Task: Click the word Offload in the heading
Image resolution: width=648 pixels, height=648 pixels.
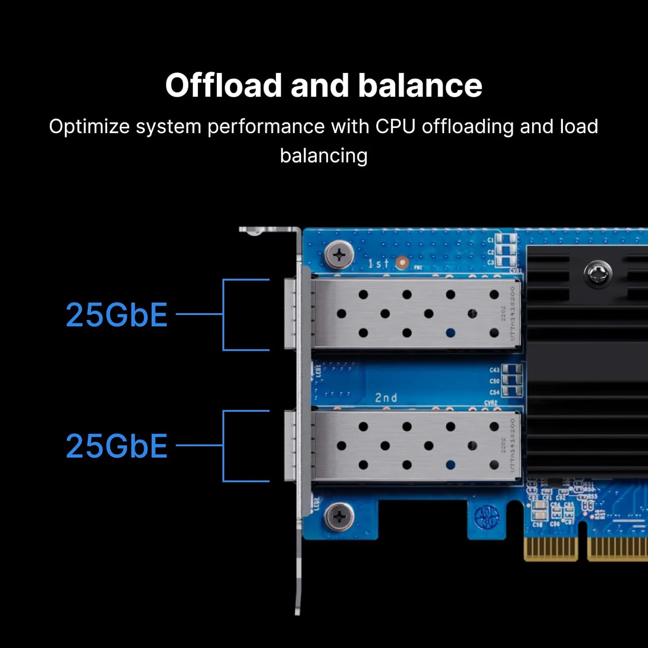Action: [x=223, y=85]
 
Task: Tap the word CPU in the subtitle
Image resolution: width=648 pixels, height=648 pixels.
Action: [x=395, y=127]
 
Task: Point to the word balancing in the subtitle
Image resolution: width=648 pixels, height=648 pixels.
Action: [x=324, y=156]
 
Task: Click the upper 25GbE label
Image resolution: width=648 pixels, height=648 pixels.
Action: [x=117, y=315]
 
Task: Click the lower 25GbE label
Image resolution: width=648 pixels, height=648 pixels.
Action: [x=117, y=446]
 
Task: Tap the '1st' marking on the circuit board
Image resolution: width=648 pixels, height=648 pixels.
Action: [x=378, y=263]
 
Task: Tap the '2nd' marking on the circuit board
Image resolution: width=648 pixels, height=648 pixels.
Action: [x=386, y=397]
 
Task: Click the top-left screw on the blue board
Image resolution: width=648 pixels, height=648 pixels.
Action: [x=339, y=255]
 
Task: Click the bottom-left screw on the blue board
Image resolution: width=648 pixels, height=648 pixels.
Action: [x=339, y=516]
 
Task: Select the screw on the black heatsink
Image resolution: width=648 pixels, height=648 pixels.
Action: [x=597, y=273]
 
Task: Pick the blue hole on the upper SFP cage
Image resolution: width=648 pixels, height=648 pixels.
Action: [x=451, y=333]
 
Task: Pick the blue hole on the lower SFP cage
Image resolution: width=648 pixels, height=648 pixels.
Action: [x=451, y=465]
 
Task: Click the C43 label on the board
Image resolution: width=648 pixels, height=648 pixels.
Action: [x=494, y=370]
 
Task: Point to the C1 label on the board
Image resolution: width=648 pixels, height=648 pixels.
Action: [x=490, y=240]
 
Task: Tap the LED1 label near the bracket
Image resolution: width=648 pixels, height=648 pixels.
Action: [x=318, y=371]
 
